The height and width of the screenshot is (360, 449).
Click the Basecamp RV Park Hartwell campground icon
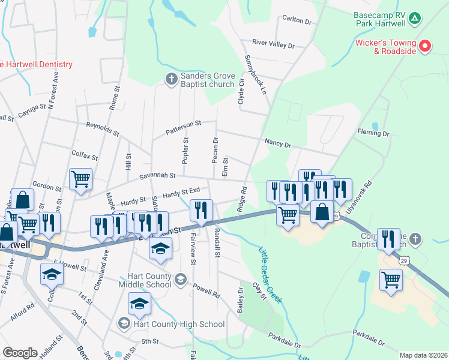pyautogui.click(x=414, y=18)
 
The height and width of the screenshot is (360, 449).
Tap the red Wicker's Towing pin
pyautogui.click(x=425, y=46)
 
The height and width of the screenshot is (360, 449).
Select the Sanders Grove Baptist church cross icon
pyautogui.click(x=171, y=78)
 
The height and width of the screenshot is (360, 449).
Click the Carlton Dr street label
pyautogui.click(x=298, y=21)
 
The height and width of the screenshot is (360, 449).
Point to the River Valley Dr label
pyautogui.click(x=273, y=44)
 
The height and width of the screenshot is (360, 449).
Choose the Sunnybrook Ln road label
pyautogui.click(x=255, y=74)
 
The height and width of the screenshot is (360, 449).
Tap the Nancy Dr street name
pyautogui.click(x=277, y=144)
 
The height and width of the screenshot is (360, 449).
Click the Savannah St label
pyautogui.click(x=155, y=176)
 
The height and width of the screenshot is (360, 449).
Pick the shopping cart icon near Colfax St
pyautogui.click(x=80, y=179)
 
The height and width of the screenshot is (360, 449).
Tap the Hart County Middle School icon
pyautogui.click(x=181, y=278)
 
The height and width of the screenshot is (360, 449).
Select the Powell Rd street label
pyautogui.click(x=206, y=290)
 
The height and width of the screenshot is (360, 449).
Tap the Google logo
pyautogui.click(x=20, y=353)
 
